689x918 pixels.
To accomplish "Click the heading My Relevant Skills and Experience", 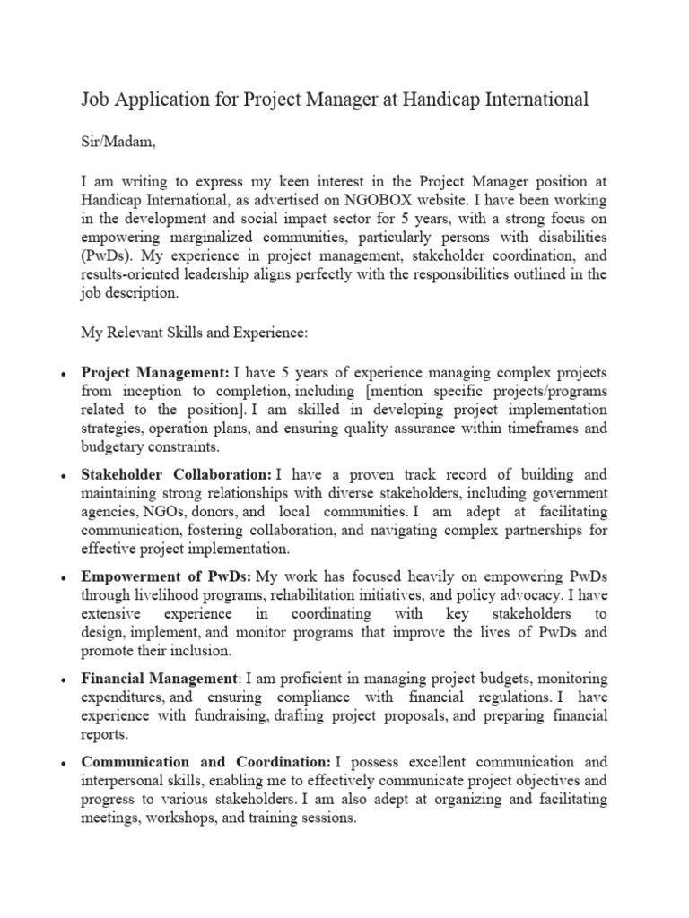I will click(x=195, y=333).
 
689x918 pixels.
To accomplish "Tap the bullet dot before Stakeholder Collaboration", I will click(x=58, y=475).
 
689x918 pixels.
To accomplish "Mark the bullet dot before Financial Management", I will click(x=58, y=680).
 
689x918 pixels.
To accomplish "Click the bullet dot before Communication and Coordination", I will click(x=58, y=762).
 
